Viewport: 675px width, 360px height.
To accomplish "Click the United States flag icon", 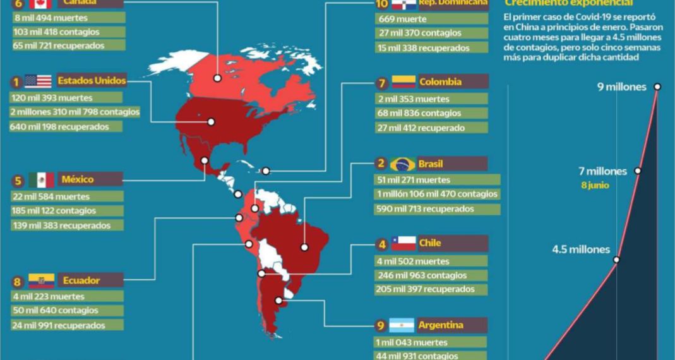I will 38,81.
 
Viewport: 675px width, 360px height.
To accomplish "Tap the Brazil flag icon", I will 403,164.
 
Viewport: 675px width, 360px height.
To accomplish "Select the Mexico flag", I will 42,180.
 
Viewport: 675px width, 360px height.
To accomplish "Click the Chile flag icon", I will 403,243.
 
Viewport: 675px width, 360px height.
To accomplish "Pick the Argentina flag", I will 402,326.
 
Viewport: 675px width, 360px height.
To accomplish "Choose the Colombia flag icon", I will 403,82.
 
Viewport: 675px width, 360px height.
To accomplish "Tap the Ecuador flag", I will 42,280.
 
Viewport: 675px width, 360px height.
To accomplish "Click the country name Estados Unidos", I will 92,81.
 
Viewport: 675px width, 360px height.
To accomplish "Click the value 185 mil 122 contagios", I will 53,211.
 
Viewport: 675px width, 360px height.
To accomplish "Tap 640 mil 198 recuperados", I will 59,127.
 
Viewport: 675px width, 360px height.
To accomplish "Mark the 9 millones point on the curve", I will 657,87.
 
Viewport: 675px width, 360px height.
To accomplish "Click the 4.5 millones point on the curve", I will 616,260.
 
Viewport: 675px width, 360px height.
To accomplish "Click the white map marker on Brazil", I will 304,248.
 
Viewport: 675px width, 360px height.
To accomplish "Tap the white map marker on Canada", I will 217,78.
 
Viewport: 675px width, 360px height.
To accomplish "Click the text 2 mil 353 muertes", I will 414,99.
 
